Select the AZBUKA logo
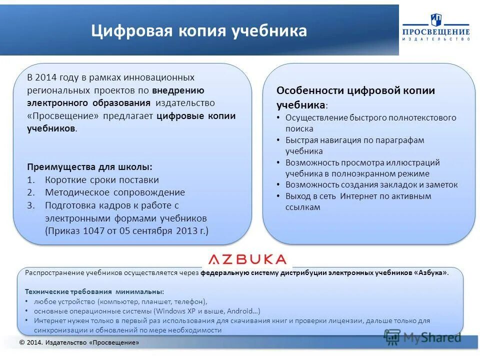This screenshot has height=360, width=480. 247,259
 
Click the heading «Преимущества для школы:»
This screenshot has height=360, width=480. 89,167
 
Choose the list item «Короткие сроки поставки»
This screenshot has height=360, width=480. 102,179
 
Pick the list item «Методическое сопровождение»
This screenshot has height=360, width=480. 115,192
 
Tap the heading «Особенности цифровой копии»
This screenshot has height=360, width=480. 355,90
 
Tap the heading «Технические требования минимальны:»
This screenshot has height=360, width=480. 94,291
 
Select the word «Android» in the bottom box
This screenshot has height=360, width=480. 240,310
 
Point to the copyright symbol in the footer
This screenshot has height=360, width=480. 22,342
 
